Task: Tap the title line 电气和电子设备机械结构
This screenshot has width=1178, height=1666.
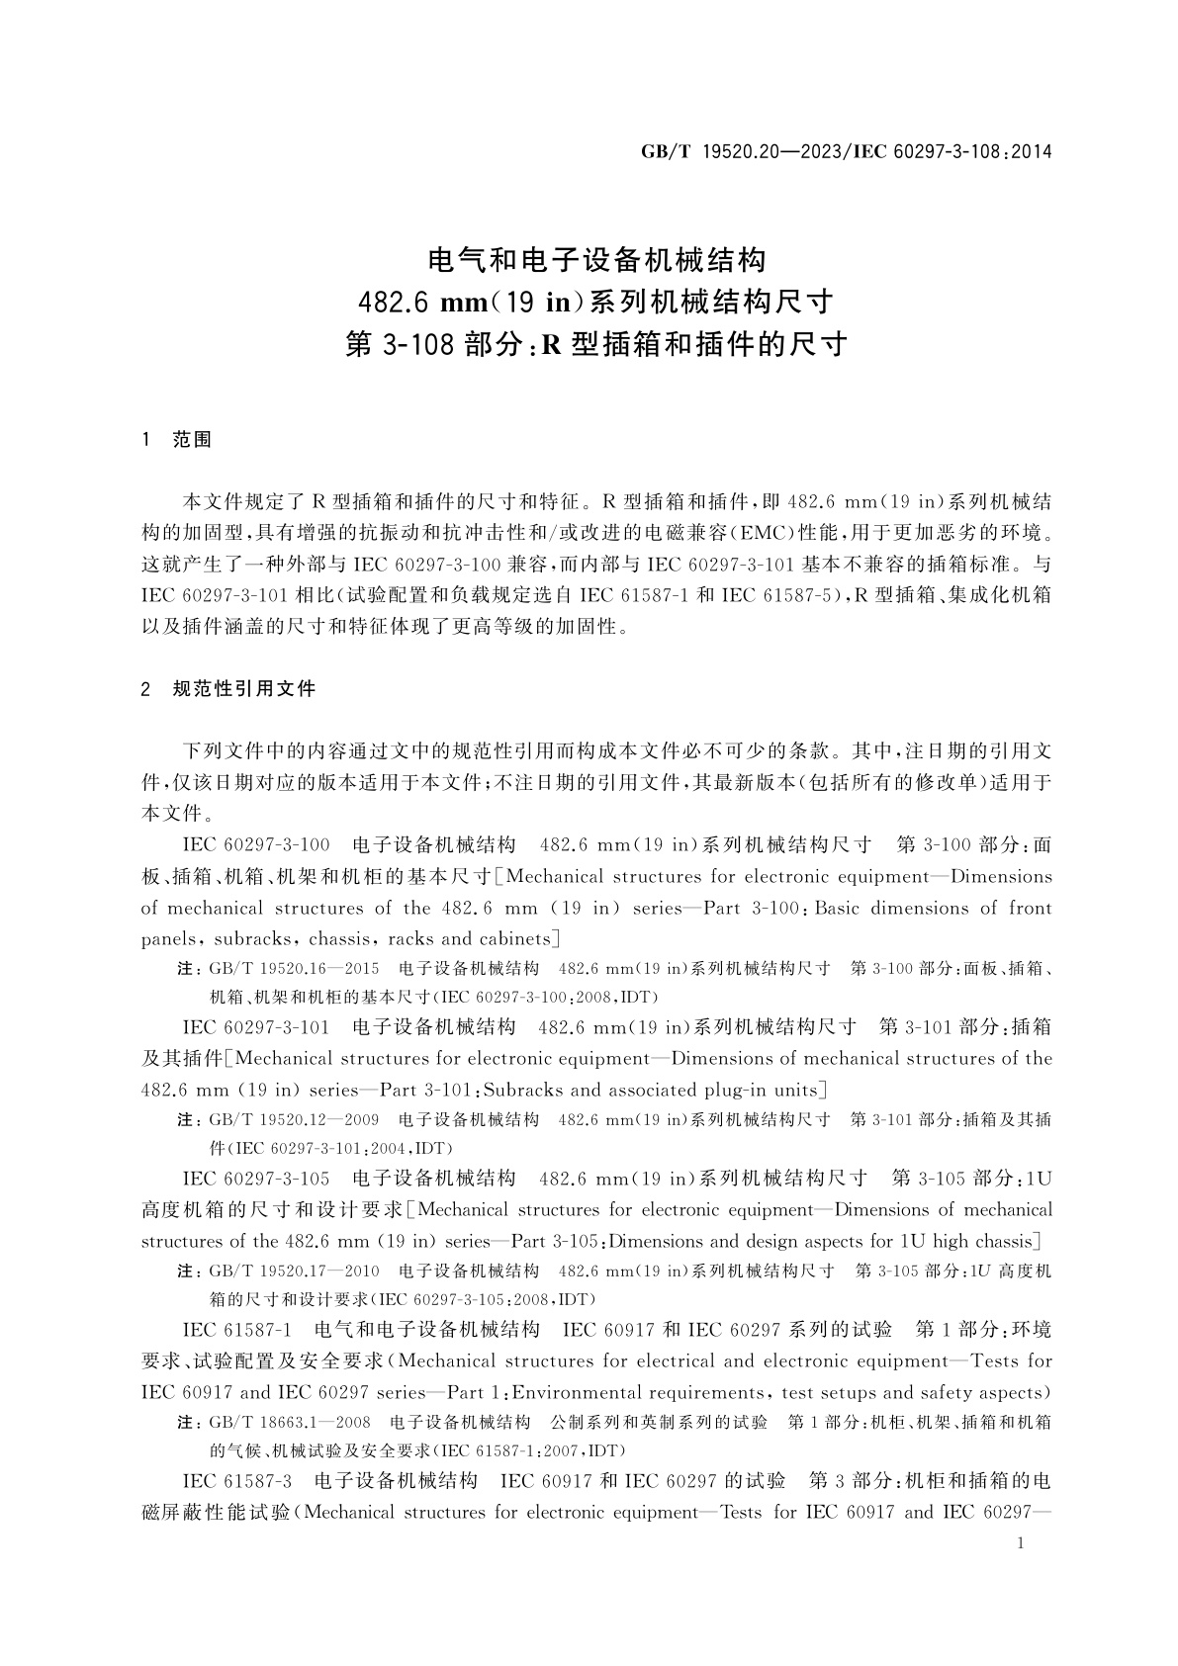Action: click(x=595, y=260)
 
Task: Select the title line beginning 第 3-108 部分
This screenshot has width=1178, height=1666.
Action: click(x=595, y=344)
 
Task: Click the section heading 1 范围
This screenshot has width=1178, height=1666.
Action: click(x=177, y=439)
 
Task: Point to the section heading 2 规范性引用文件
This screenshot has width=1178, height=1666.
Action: click(x=229, y=688)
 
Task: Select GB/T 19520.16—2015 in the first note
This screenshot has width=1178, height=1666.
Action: click(x=294, y=968)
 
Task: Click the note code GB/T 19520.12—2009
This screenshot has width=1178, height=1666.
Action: click(x=294, y=1120)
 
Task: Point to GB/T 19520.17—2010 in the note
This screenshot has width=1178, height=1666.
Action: click(x=294, y=1271)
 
